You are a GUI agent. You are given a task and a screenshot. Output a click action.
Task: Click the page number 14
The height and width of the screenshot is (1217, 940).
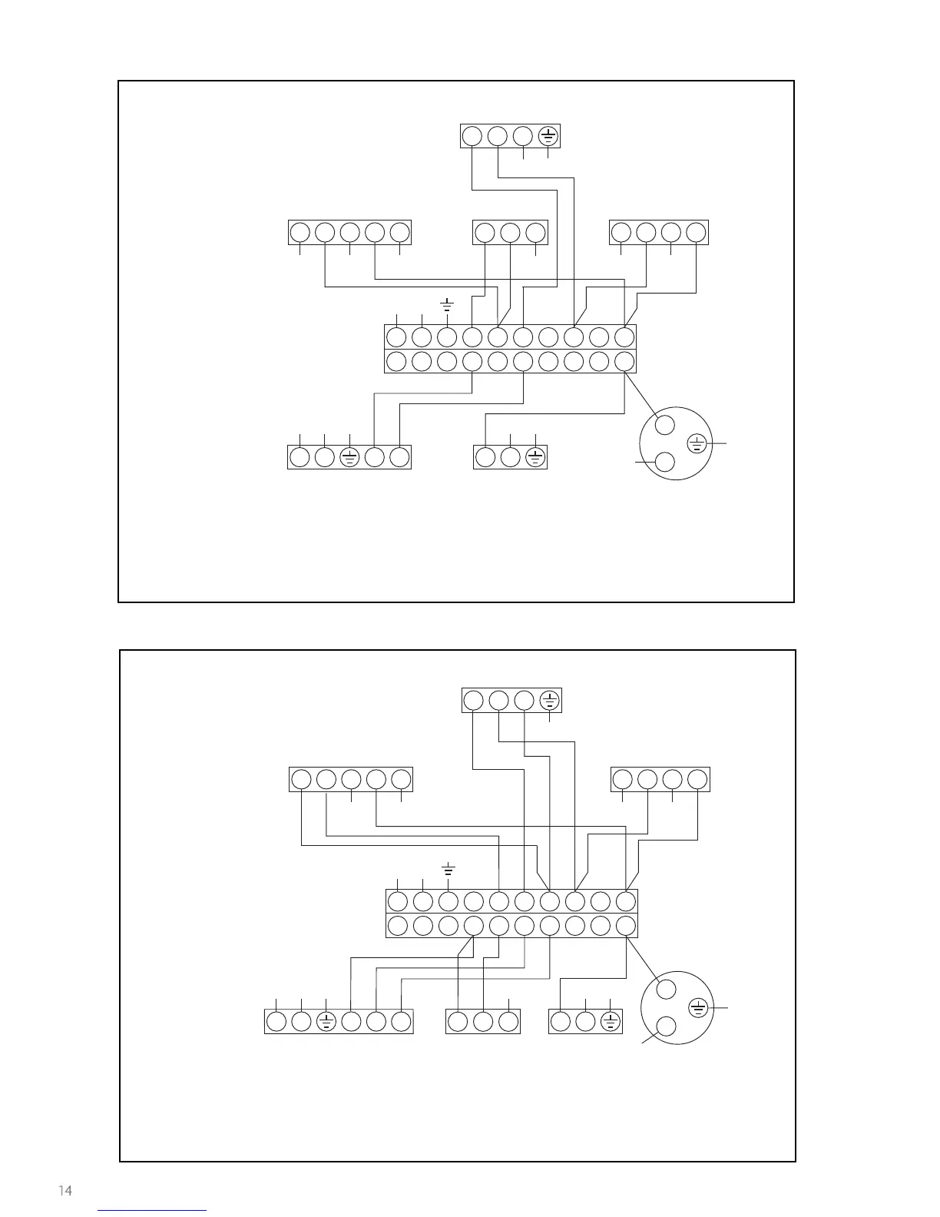point(65,1190)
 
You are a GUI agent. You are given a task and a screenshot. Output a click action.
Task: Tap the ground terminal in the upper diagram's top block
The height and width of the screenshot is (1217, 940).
point(548,136)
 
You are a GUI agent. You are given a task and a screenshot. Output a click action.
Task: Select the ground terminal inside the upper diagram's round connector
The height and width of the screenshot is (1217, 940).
point(696,443)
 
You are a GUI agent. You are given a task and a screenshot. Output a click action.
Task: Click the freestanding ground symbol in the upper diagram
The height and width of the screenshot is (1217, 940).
point(446,305)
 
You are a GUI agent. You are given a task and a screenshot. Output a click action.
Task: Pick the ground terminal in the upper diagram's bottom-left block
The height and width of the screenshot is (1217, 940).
point(349,457)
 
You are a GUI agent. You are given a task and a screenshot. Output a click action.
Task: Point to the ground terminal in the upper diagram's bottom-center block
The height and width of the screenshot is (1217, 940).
point(535,457)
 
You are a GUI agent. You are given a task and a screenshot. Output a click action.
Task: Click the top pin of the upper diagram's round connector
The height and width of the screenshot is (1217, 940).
point(665,425)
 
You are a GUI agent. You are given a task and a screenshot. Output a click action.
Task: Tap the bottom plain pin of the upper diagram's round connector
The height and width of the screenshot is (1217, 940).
point(665,462)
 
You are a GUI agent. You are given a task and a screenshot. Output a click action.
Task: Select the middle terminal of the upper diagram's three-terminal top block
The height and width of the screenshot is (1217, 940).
point(510,232)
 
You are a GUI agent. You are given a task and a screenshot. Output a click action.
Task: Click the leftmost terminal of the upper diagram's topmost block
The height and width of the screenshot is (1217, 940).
point(472,136)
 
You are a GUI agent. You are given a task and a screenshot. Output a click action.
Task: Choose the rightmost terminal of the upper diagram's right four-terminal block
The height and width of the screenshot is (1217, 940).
point(696,232)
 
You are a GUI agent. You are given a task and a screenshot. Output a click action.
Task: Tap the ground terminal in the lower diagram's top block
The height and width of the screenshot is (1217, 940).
point(549,701)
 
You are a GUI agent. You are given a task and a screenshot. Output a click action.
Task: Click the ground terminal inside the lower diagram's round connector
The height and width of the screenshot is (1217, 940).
point(697,1007)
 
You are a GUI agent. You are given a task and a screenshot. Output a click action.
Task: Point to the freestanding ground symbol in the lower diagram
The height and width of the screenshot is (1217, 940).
point(448,869)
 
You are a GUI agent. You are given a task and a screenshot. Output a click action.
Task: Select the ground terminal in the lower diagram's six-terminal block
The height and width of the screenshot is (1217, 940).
point(326,1021)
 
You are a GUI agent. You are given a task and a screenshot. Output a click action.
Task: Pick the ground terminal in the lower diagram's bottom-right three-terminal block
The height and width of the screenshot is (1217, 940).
point(611,1021)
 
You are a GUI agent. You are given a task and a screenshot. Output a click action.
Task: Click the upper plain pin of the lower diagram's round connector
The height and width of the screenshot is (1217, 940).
point(667,989)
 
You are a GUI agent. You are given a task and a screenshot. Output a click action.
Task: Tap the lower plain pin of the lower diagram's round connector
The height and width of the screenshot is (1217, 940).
point(667,1026)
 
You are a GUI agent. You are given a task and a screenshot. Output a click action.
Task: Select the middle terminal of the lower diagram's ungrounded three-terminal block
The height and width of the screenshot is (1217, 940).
point(482,1021)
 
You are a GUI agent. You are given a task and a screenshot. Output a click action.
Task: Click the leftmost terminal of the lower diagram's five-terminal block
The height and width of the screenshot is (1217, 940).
point(301,779)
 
